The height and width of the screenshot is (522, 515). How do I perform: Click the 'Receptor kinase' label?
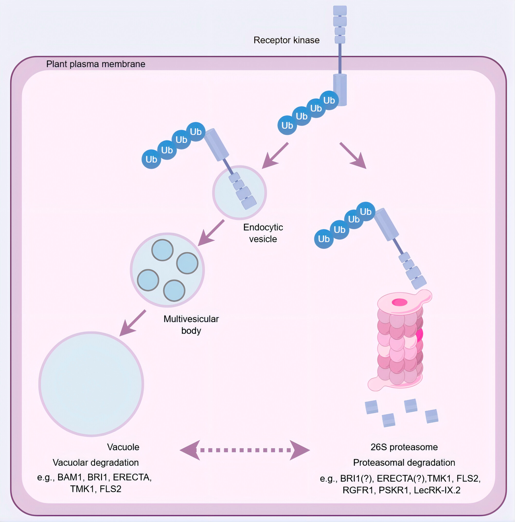point(286,40)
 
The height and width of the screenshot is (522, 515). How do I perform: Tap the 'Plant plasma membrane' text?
point(96,64)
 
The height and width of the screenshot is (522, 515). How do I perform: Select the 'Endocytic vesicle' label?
point(263,233)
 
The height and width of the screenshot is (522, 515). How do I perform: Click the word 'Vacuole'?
point(123,447)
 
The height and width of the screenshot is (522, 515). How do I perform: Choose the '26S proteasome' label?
point(404,447)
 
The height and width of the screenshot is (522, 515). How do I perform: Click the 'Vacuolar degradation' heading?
point(96,463)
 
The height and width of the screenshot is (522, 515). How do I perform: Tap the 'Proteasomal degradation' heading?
point(404,463)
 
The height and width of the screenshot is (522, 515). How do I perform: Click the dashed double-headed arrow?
point(245,450)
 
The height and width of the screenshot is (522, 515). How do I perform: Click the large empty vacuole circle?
point(91,384)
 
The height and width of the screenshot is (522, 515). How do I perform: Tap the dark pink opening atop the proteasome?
point(400,302)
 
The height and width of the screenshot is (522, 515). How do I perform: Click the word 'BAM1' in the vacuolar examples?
point(70,477)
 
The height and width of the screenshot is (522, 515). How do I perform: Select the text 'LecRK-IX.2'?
point(437,490)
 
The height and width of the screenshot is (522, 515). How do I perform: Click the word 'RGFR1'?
point(358,490)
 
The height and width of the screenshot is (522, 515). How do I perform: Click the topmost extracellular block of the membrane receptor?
point(340,11)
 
